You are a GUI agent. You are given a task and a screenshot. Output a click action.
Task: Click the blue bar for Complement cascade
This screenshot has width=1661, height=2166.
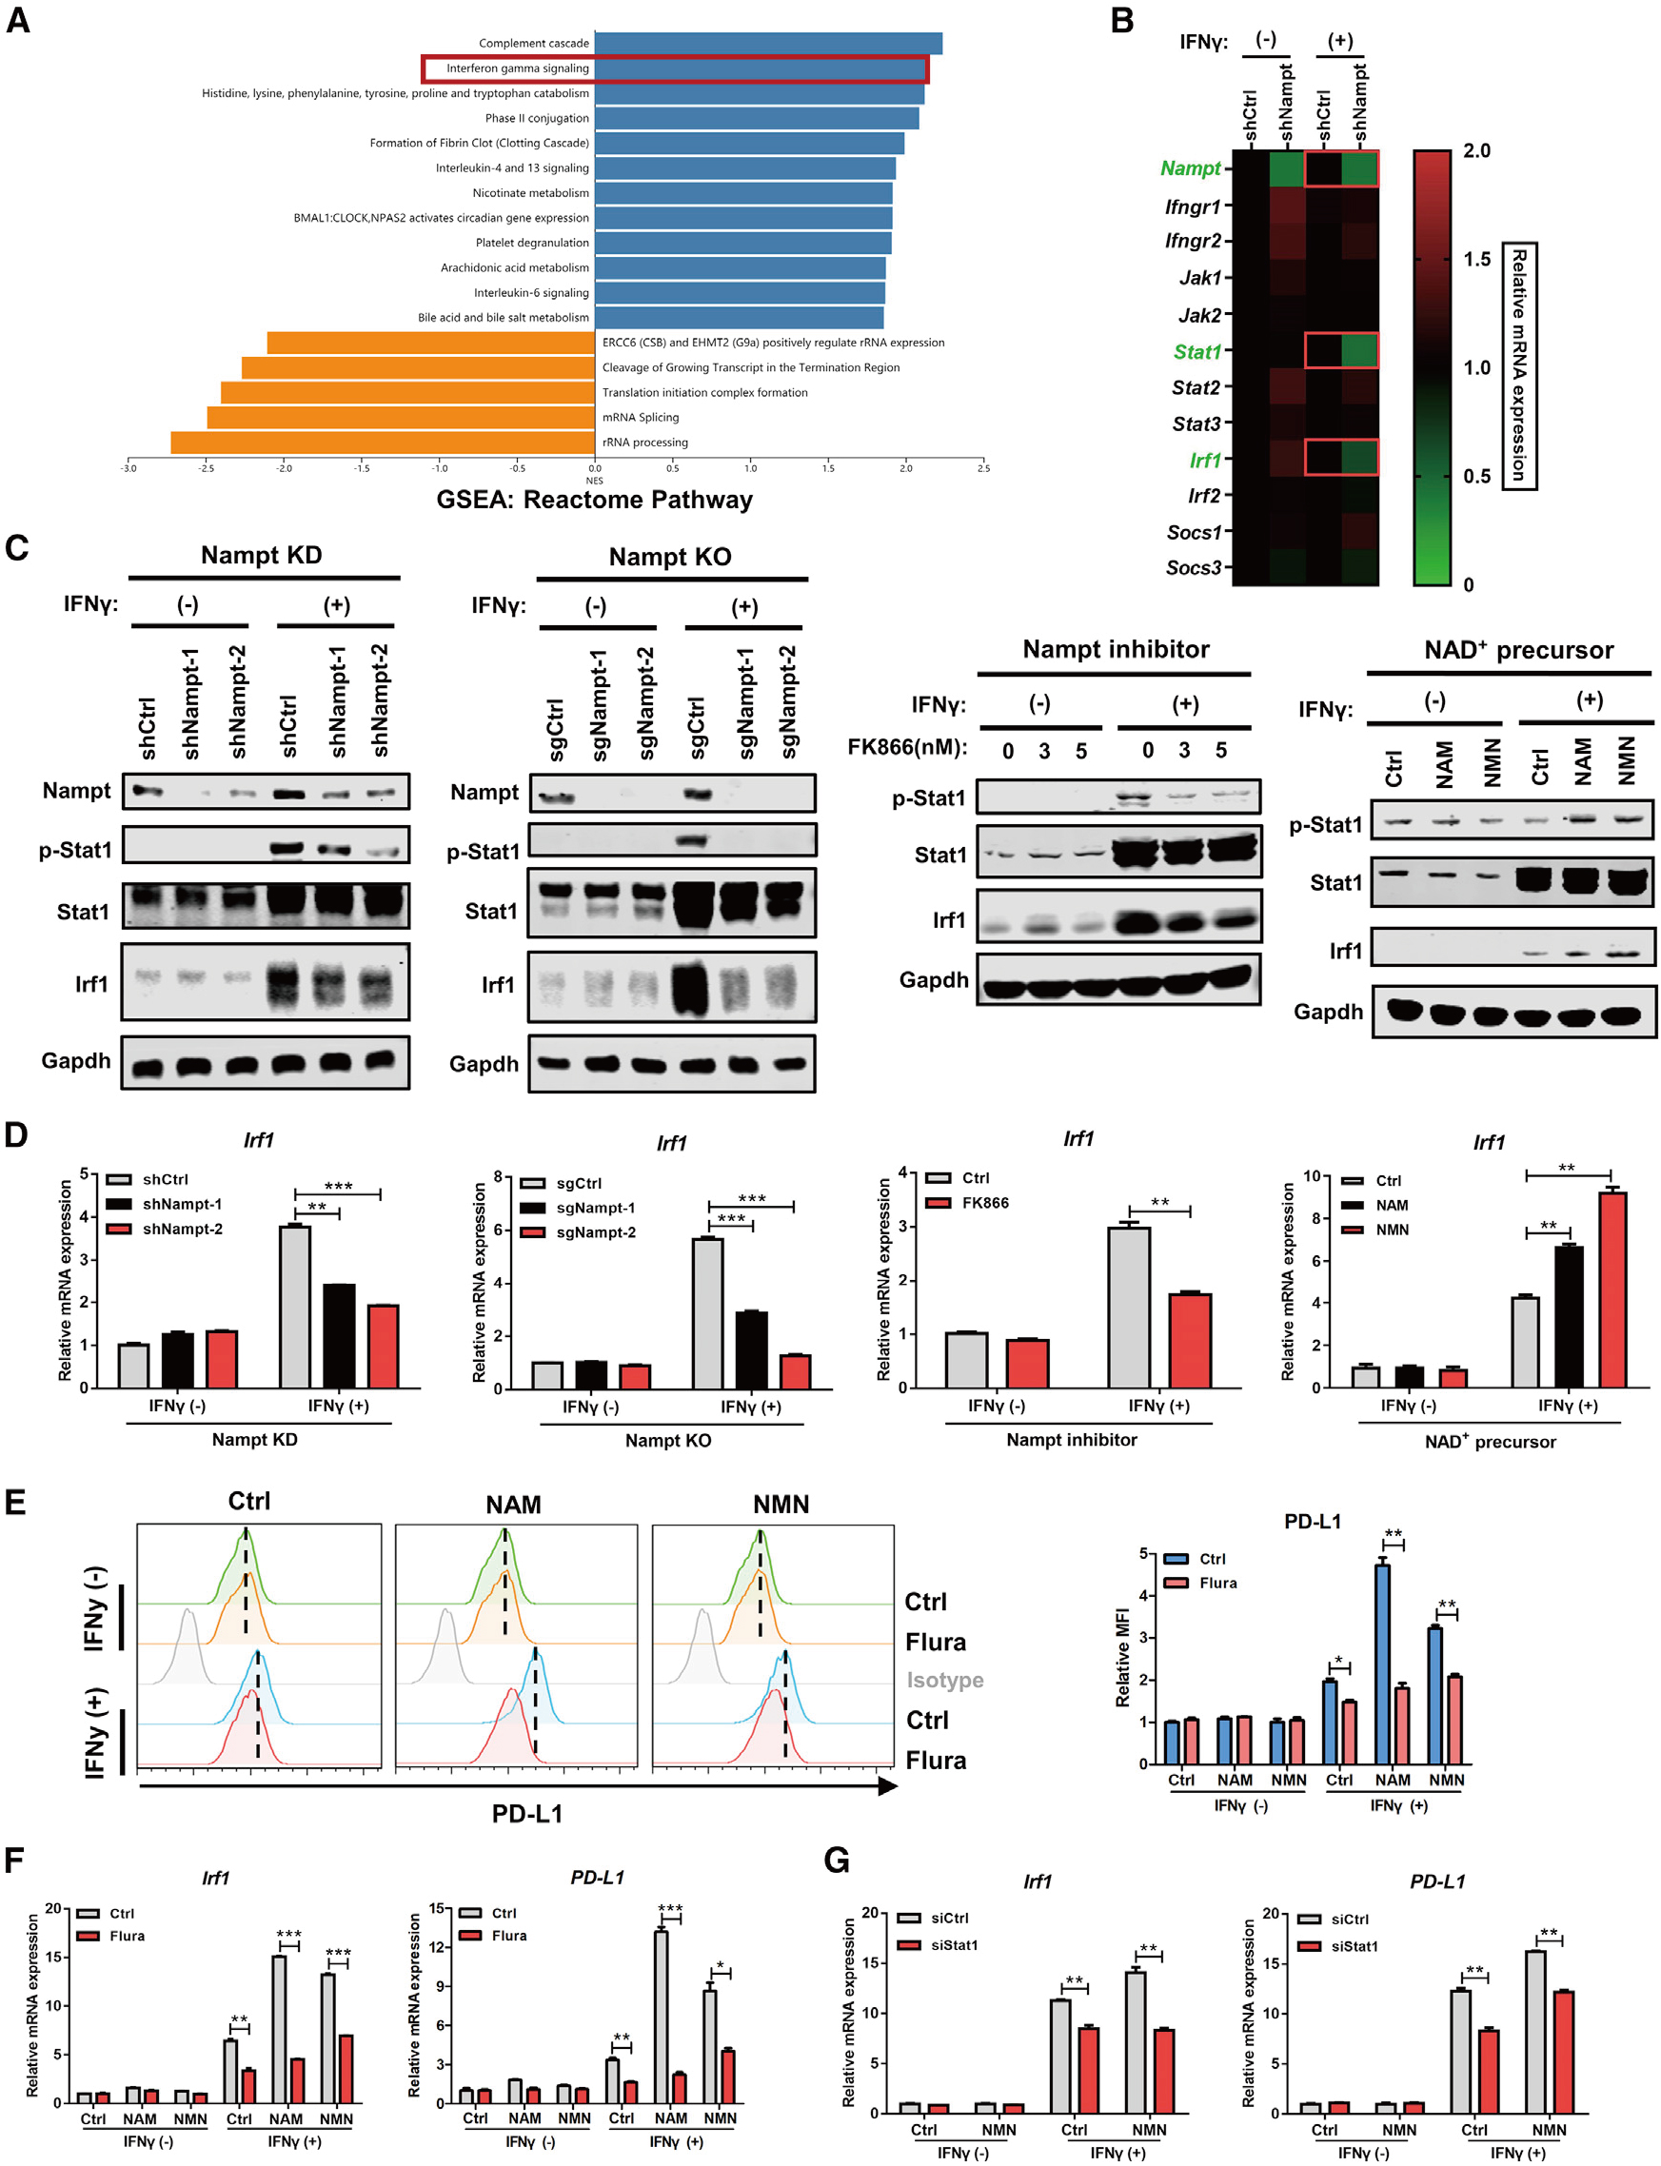(767, 44)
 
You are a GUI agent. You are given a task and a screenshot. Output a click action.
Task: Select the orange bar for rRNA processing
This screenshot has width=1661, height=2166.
(382, 442)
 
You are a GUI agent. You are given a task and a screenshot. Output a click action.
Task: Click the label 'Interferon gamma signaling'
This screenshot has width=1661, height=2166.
(516, 69)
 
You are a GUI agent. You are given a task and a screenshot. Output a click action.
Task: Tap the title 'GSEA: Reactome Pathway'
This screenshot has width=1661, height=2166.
(594, 500)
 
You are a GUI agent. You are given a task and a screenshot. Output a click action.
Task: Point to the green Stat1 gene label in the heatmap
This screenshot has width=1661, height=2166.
(1196, 352)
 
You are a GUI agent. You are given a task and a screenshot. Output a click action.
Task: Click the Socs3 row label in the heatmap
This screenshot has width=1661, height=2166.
(1193, 567)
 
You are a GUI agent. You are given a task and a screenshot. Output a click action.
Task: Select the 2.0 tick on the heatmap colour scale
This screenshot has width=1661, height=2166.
(1476, 150)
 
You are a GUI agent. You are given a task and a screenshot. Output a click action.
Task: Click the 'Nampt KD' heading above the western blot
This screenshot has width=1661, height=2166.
(261, 555)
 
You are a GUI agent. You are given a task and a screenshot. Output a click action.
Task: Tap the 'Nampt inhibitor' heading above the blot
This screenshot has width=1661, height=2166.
(1116, 649)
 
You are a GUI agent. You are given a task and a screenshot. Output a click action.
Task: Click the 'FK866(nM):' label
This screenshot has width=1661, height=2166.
(906, 747)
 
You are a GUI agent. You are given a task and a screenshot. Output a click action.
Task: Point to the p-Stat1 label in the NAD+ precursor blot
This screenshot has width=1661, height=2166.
(1325, 825)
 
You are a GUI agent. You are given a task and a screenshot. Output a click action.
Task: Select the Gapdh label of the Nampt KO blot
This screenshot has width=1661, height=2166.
(484, 1064)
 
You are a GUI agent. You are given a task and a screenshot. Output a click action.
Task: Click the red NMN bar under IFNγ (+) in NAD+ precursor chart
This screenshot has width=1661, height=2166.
(1612, 1290)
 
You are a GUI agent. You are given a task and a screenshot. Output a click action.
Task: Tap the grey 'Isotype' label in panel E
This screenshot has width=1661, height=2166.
(944, 1680)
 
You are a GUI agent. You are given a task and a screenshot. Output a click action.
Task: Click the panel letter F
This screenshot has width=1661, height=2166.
(14, 1860)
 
